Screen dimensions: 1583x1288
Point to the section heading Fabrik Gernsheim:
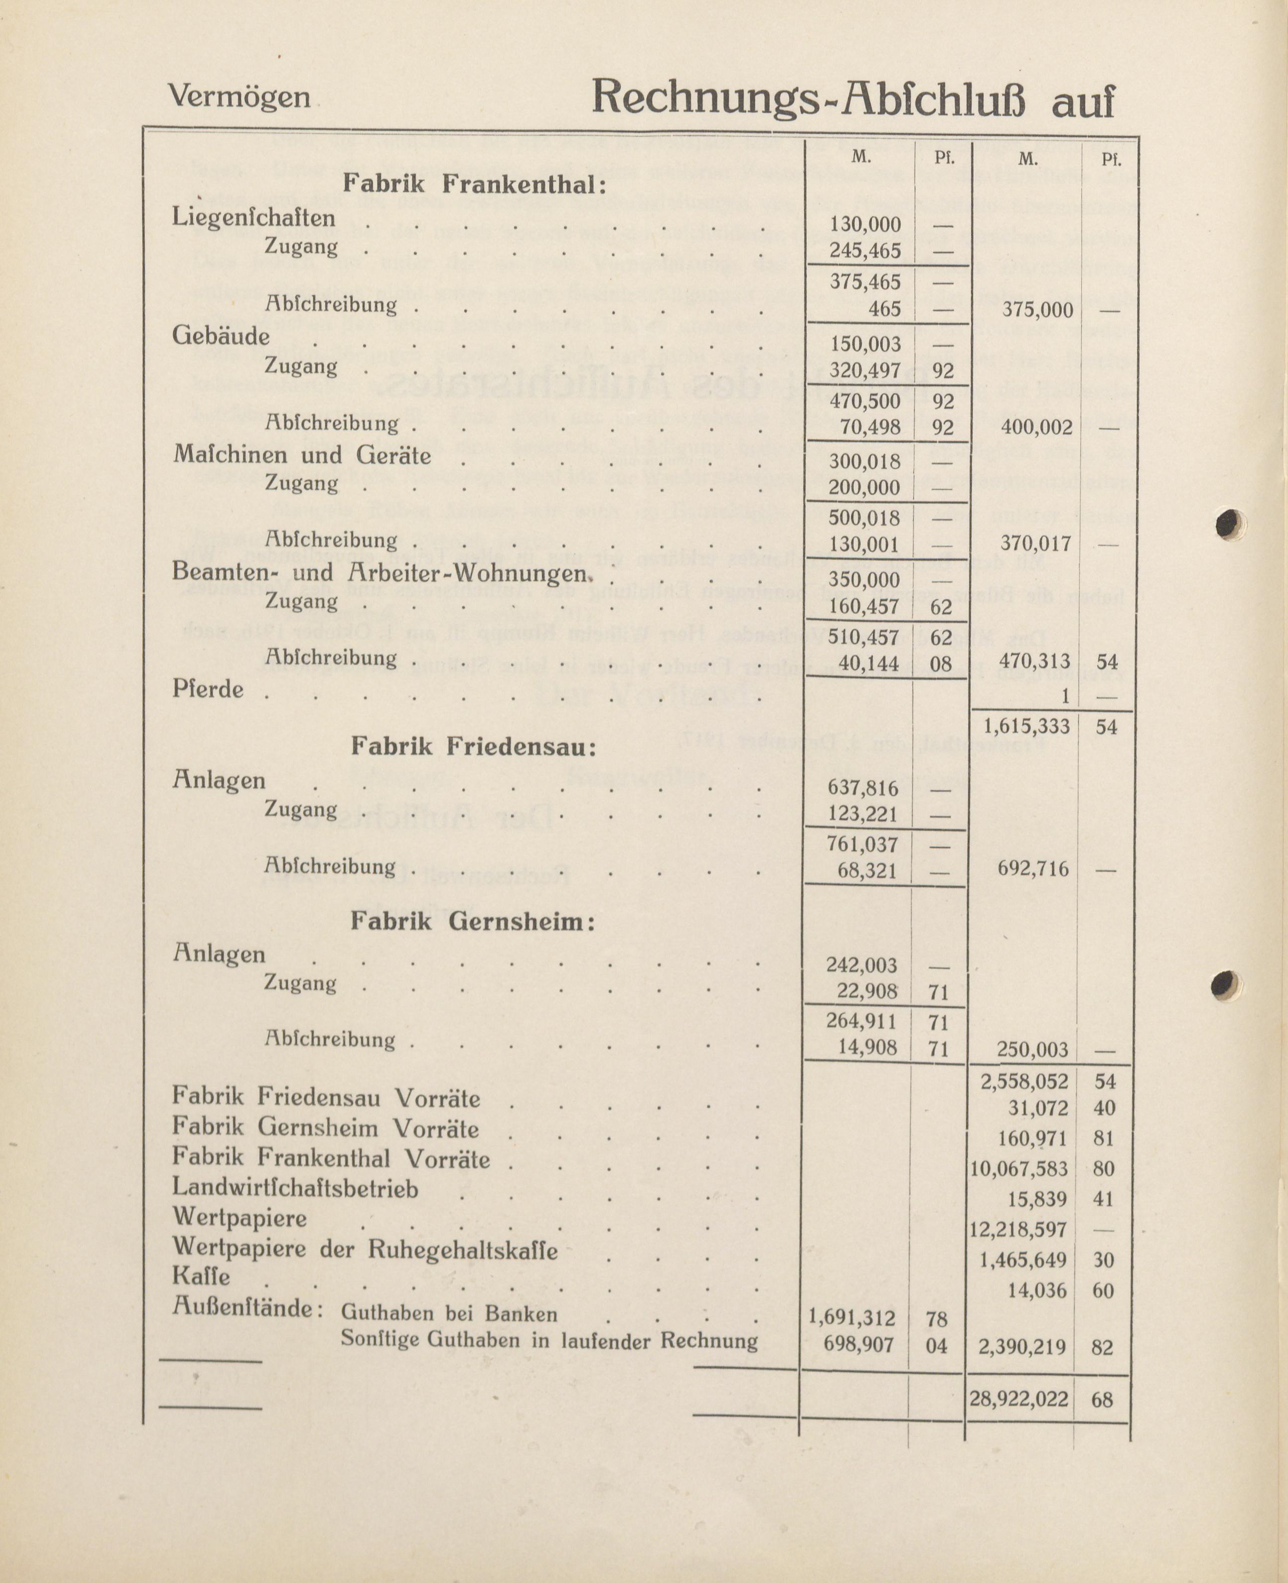[472, 921]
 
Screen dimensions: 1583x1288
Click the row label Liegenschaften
[254, 218]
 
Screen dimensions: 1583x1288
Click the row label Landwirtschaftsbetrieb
[295, 1188]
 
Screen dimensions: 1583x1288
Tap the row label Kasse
[201, 1276]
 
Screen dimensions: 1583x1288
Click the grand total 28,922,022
[1019, 1399]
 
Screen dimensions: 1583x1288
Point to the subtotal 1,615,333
[1026, 726]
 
